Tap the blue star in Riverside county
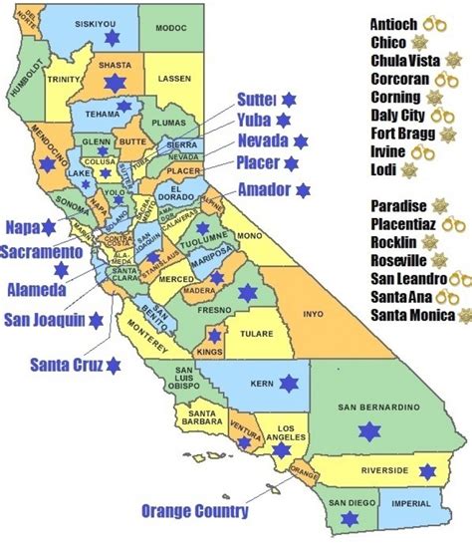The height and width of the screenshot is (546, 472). (x=427, y=471)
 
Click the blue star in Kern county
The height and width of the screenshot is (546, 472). (x=289, y=383)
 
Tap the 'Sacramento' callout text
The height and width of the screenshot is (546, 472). (x=42, y=249)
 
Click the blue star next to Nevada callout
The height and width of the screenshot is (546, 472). (x=300, y=140)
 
